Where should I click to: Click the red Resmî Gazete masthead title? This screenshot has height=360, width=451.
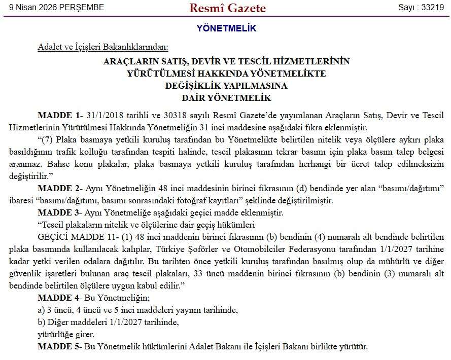(x=227, y=8)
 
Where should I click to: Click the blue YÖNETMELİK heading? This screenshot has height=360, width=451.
(x=226, y=28)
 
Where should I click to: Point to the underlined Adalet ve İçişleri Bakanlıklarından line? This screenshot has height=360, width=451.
(x=102, y=47)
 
